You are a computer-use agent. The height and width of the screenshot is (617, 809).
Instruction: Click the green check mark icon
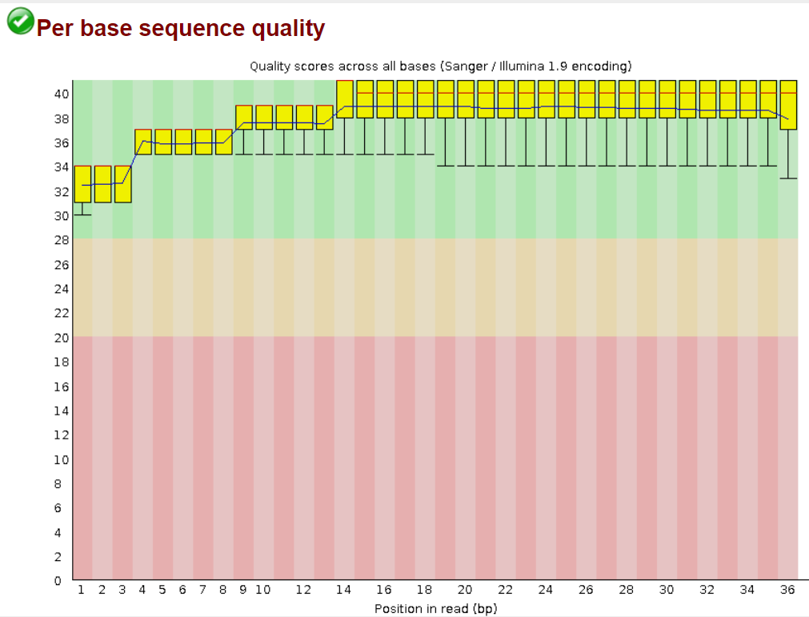(20, 21)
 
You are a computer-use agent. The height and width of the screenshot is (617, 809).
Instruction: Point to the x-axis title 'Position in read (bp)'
(435, 609)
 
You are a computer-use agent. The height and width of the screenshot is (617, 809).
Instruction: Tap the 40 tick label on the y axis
(62, 94)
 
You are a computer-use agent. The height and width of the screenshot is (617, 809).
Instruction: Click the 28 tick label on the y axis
(62, 240)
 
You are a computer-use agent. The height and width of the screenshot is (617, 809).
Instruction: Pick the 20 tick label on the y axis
(62, 337)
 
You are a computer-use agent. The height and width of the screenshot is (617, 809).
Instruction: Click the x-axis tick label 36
(788, 590)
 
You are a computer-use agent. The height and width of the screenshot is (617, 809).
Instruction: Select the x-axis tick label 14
(344, 590)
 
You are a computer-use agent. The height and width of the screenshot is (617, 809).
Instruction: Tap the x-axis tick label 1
(82, 590)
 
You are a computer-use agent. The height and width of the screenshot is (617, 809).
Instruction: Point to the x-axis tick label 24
(546, 590)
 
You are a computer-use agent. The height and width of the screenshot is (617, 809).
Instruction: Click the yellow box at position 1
(82, 184)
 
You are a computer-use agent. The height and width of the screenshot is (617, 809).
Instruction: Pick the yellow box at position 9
(243, 118)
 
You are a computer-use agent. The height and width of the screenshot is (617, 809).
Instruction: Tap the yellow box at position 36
(788, 105)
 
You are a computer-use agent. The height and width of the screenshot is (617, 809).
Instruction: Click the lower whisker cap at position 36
(788, 178)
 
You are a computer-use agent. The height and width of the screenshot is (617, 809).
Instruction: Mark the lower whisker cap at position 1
(82, 215)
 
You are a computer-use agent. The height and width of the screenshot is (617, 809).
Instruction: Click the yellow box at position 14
(345, 99)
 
